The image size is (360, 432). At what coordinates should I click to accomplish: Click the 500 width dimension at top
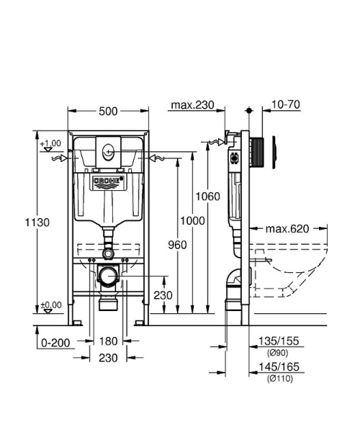tap(109, 112)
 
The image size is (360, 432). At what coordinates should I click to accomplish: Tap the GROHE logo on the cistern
tap(107, 181)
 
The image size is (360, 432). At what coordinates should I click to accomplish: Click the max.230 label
tap(192, 106)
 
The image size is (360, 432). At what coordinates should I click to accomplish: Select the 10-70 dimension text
tap(286, 105)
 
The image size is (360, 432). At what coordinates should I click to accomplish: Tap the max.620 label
tap(287, 229)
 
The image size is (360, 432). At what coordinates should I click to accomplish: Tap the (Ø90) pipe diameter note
tap(278, 352)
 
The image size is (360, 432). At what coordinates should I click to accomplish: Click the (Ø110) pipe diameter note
tap(279, 378)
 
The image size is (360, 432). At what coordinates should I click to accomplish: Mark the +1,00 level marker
tap(50, 143)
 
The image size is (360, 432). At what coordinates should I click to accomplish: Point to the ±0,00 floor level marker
tap(50, 305)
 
